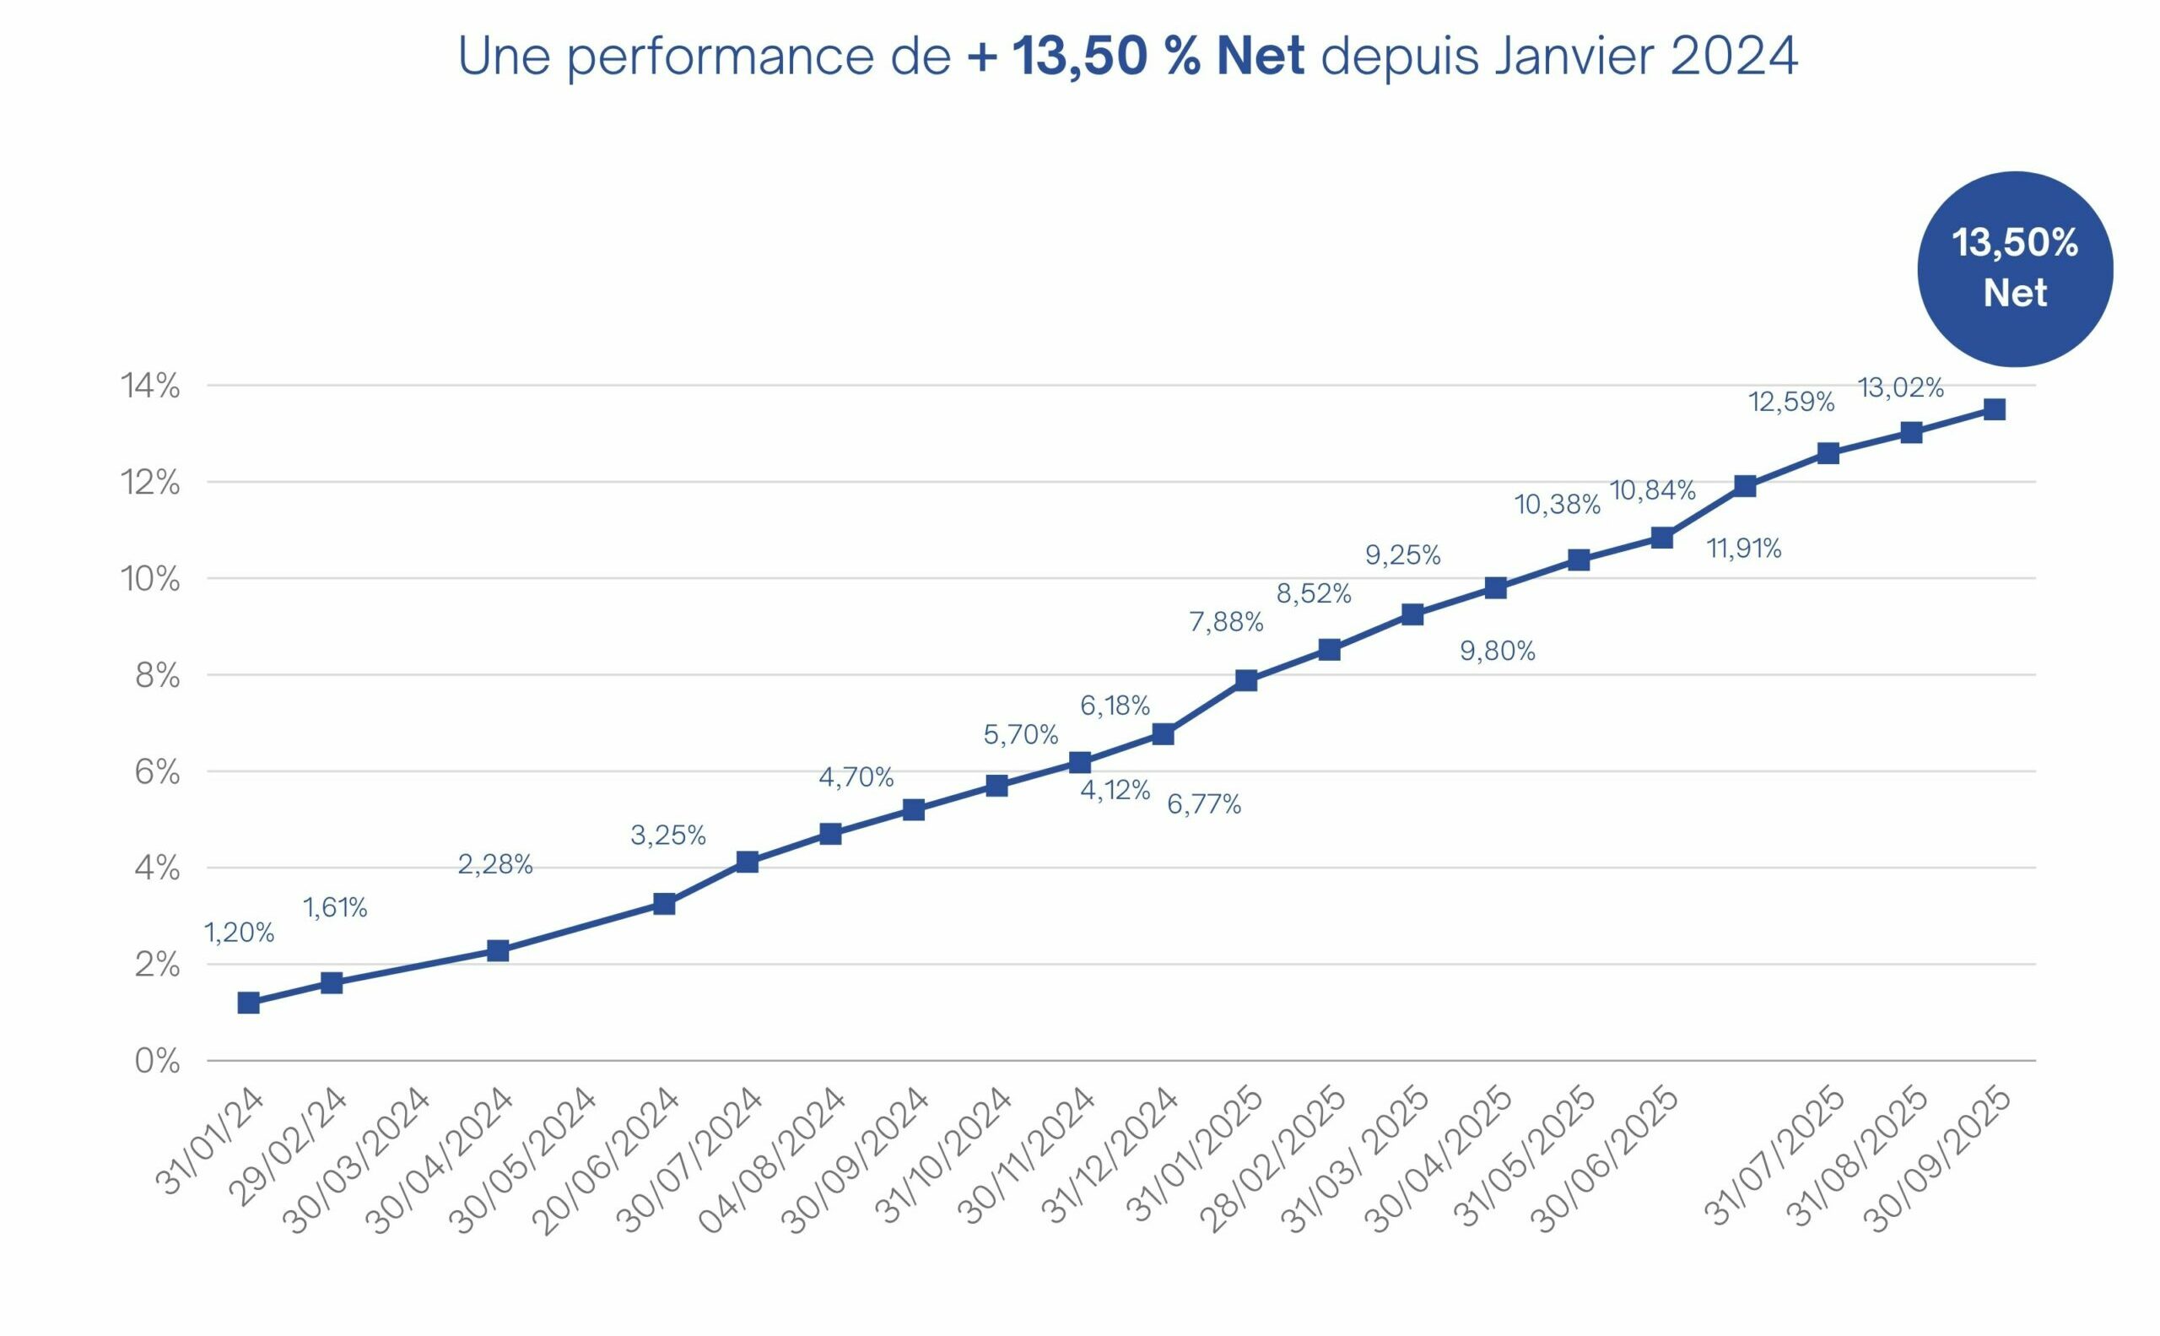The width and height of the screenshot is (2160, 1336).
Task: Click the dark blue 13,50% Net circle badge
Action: [x=2014, y=268]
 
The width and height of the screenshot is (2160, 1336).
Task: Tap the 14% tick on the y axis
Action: [x=150, y=387]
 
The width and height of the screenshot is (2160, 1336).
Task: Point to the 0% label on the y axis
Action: [x=156, y=1061]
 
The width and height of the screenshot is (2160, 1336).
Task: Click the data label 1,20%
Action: [x=240, y=933]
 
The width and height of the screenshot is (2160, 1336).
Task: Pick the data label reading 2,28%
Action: [x=494, y=864]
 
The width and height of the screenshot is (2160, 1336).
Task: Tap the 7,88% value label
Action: [x=1226, y=622]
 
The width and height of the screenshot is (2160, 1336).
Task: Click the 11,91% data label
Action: [x=1744, y=549]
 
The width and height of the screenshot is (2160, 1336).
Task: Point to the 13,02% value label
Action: [x=1901, y=388]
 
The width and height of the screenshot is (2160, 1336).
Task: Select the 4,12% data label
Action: [x=1115, y=790]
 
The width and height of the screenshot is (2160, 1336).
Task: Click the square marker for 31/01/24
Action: [x=248, y=1003]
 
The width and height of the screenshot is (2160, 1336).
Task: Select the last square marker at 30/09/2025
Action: [x=1994, y=409]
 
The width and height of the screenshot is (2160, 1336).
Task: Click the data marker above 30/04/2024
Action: [x=499, y=951]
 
